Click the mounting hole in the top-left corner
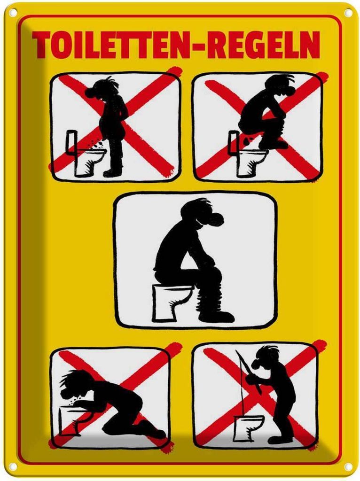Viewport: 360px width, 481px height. (x=13, y=12)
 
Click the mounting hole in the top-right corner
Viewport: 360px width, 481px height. (x=348, y=13)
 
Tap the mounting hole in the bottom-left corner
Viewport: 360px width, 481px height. (x=13, y=467)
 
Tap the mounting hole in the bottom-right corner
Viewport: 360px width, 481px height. (x=348, y=467)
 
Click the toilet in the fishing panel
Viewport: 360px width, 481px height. (x=248, y=428)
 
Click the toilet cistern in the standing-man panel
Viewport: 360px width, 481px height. (x=72, y=141)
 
